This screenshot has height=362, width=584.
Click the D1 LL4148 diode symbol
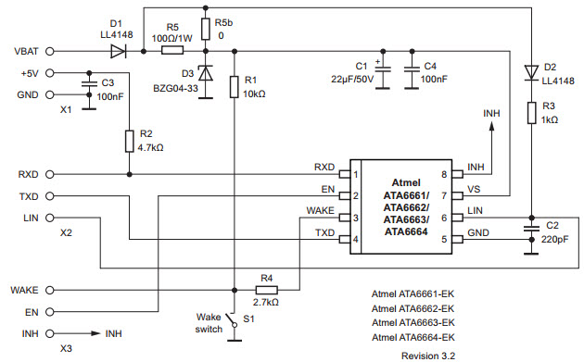point(118,50)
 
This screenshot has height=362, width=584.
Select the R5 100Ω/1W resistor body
point(173,50)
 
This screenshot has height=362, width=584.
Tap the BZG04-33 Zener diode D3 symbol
point(205,71)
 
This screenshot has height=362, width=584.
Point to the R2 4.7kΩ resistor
point(128,141)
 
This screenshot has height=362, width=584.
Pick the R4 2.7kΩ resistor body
point(266,290)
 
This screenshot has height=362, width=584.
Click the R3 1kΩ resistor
point(530,113)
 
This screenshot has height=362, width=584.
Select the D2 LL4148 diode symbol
point(530,70)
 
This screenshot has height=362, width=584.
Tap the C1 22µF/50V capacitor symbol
point(386,70)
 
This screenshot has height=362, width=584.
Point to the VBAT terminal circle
point(49,50)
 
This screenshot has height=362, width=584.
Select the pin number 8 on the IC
point(445,174)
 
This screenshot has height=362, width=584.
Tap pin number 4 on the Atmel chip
point(354,241)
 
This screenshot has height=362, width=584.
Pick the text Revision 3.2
point(428,355)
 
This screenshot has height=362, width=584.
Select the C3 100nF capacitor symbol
point(87,83)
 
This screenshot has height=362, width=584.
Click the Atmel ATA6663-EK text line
point(413,323)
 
